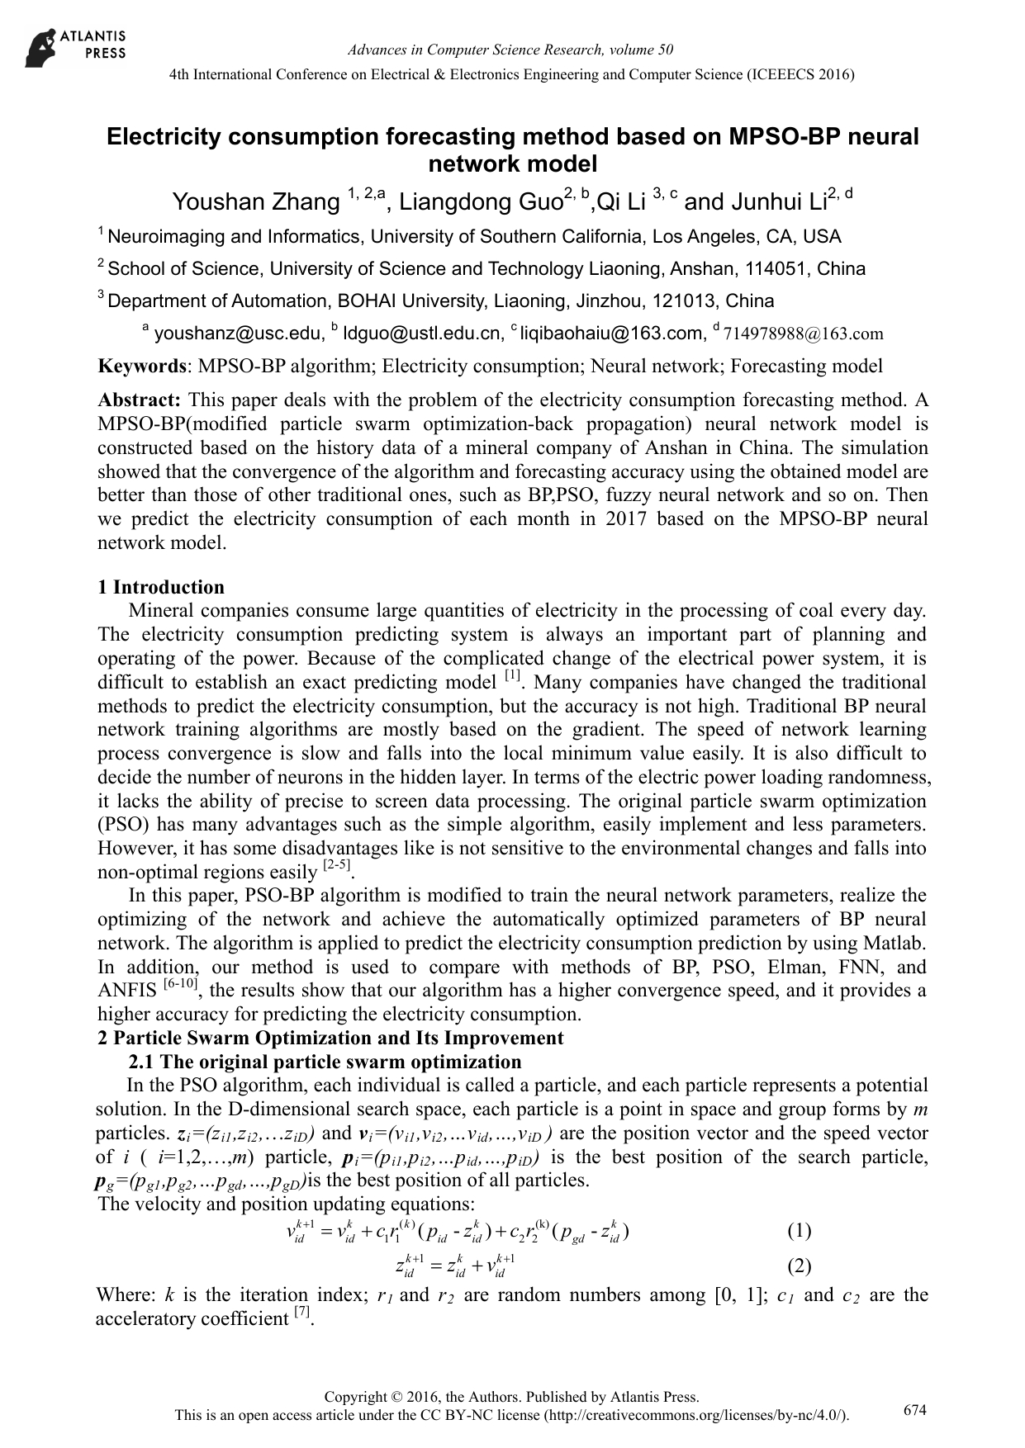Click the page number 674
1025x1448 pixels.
coord(914,1410)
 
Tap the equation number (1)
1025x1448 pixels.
coord(799,1232)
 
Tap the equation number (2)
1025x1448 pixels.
coord(799,1266)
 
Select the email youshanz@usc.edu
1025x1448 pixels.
coord(238,334)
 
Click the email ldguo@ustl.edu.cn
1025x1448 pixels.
coord(423,334)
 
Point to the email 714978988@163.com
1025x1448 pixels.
coord(803,334)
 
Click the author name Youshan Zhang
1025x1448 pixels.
coord(256,202)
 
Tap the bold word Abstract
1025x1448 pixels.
coord(139,400)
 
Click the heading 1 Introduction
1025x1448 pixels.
coord(161,587)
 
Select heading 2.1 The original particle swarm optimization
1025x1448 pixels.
coord(325,1062)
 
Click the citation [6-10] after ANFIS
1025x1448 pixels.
coord(180,984)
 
